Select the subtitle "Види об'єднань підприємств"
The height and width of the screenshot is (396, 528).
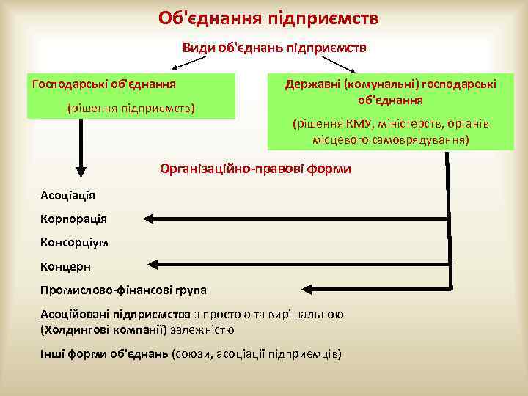(x=274, y=47)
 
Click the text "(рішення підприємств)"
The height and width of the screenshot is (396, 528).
(x=131, y=108)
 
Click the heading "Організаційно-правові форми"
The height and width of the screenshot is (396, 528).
(x=255, y=169)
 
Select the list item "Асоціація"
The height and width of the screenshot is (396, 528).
(x=67, y=195)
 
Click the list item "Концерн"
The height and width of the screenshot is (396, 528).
(x=66, y=266)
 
